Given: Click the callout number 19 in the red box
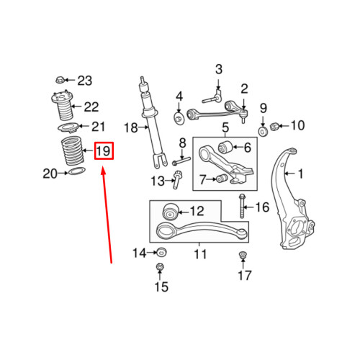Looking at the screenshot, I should (103, 151).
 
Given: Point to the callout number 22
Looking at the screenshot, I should (91, 107).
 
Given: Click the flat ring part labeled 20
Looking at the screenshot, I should (74, 173).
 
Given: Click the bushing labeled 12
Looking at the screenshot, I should (171, 212).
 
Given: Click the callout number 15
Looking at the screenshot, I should (160, 287).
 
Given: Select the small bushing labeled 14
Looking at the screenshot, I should (162, 252).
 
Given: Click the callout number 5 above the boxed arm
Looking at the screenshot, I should (225, 129).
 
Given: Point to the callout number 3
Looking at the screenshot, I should (218, 69).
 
